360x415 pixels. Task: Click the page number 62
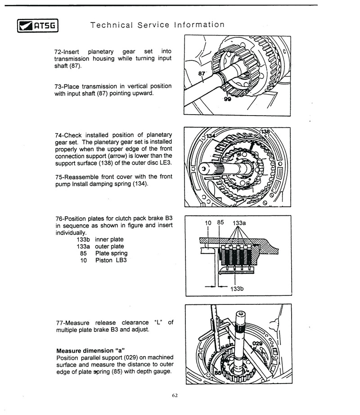[175, 395]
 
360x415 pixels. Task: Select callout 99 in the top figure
[228, 100]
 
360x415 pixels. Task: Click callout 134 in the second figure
[211, 137]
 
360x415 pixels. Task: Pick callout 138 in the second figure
[266, 131]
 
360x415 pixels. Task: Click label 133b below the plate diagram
[237, 289]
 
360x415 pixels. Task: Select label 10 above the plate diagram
[208, 223]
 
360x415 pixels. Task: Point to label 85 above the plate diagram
[220, 222]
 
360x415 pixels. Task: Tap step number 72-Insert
[67, 51]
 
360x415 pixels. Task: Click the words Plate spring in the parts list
[111, 253]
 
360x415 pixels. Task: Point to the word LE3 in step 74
[165, 162]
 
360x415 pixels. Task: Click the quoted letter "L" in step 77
[158, 323]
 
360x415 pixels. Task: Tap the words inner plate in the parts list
[109, 239]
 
